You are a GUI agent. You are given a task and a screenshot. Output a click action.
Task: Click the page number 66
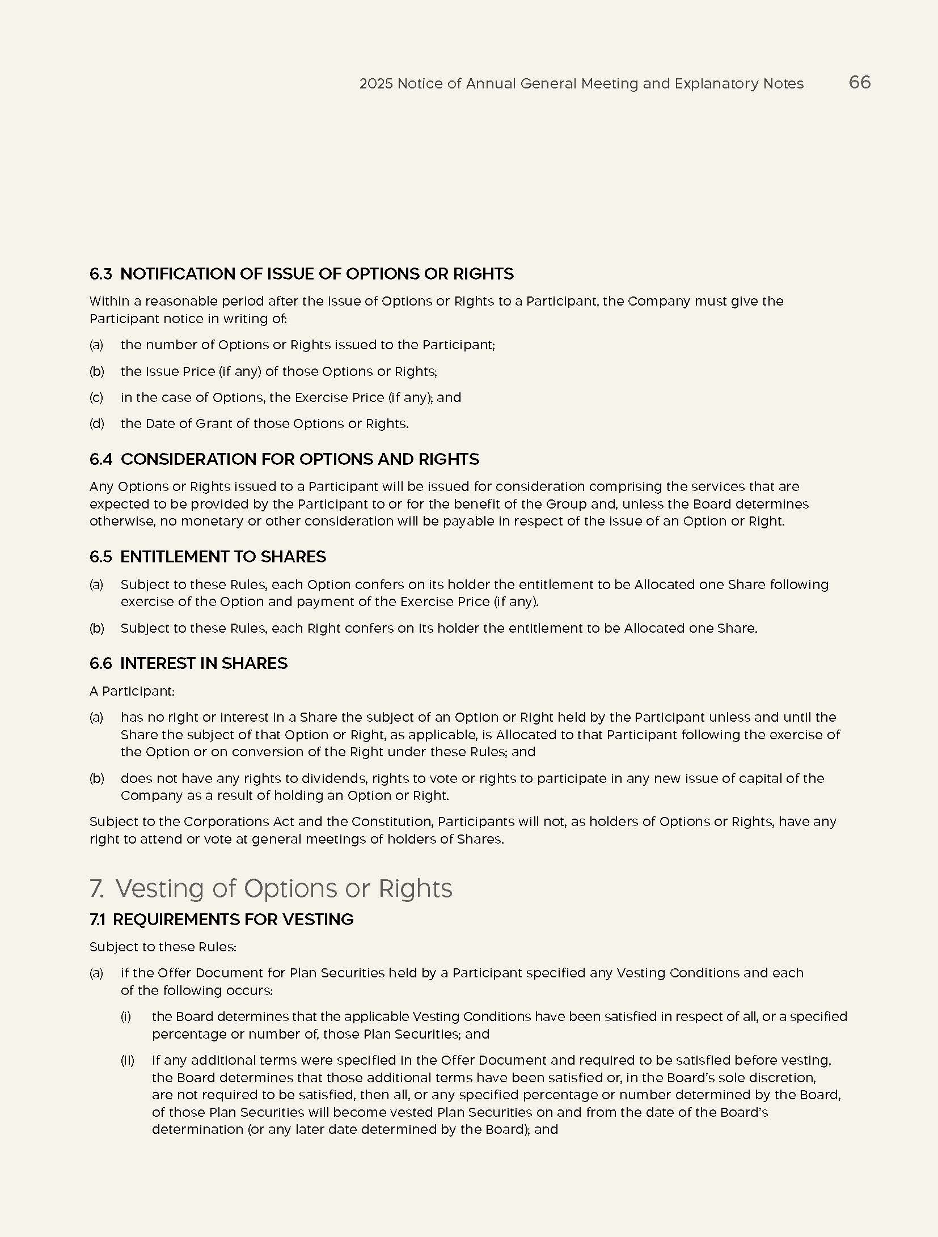pos(859,83)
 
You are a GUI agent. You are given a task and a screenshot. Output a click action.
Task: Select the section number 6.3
pos(101,274)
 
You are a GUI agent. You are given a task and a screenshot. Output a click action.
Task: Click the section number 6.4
pos(101,459)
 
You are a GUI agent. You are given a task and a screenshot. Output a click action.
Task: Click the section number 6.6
pos(101,663)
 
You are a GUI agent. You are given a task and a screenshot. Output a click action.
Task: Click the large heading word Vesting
pos(159,888)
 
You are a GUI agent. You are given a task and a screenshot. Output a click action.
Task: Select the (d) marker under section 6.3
pos(97,423)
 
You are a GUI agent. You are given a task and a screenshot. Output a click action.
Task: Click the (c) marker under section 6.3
pos(96,397)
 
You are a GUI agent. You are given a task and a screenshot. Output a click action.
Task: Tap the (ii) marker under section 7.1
pos(127,1060)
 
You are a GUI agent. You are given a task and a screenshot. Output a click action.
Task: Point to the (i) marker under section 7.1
pos(126,1016)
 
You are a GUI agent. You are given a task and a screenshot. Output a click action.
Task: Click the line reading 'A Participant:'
pos(132,691)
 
